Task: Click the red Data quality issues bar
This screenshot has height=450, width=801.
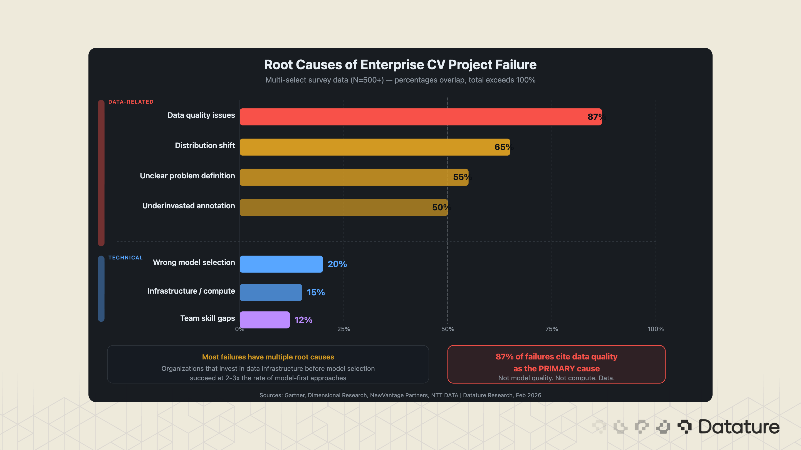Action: click(420, 117)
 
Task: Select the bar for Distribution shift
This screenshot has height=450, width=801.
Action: click(373, 147)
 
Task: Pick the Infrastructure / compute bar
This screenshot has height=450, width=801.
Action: click(271, 292)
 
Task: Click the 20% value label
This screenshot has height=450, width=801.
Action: click(337, 264)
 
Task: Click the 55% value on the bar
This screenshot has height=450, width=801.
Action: click(462, 177)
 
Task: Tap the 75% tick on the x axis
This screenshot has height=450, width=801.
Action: click(552, 329)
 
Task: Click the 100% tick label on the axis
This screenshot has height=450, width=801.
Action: click(656, 329)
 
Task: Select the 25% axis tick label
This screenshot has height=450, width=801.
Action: click(343, 329)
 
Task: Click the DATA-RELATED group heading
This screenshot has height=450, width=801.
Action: click(131, 102)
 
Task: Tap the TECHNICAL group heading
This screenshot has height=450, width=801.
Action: click(125, 258)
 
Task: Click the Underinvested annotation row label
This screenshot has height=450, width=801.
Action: click(189, 206)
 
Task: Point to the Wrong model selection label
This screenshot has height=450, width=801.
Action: click(194, 262)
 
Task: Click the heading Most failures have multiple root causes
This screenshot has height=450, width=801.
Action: click(268, 357)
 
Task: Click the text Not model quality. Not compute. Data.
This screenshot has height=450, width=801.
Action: click(556, 378)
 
